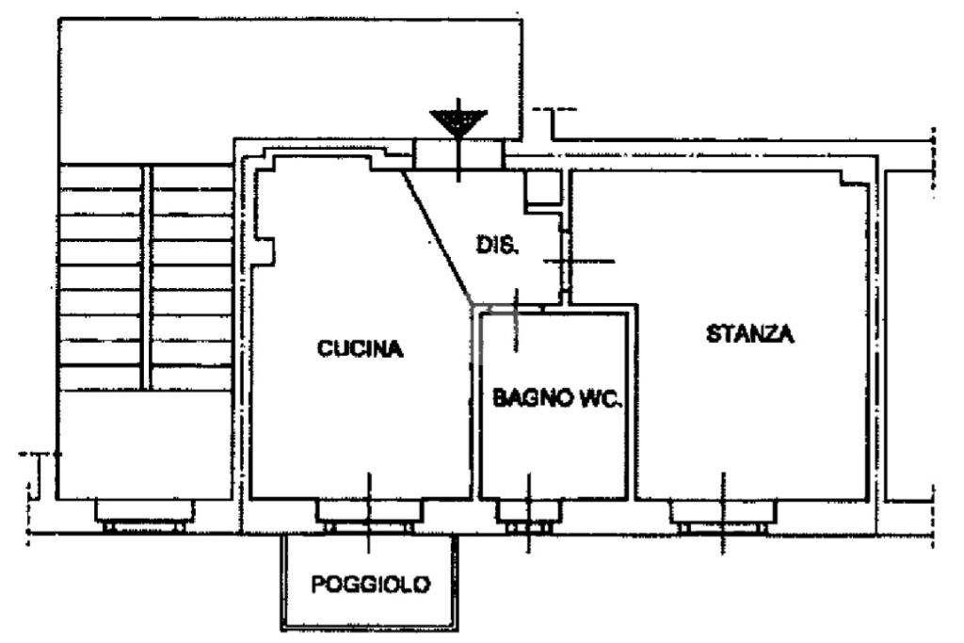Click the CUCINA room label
coord(361,349)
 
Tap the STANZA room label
coord(750,333)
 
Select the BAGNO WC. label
coord(555,399)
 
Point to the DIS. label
coord(496,246)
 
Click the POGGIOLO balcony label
coord(371,584)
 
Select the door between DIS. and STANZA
coord(565,260)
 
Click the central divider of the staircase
coord(146,277)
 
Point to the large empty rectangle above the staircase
coord(289,80)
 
